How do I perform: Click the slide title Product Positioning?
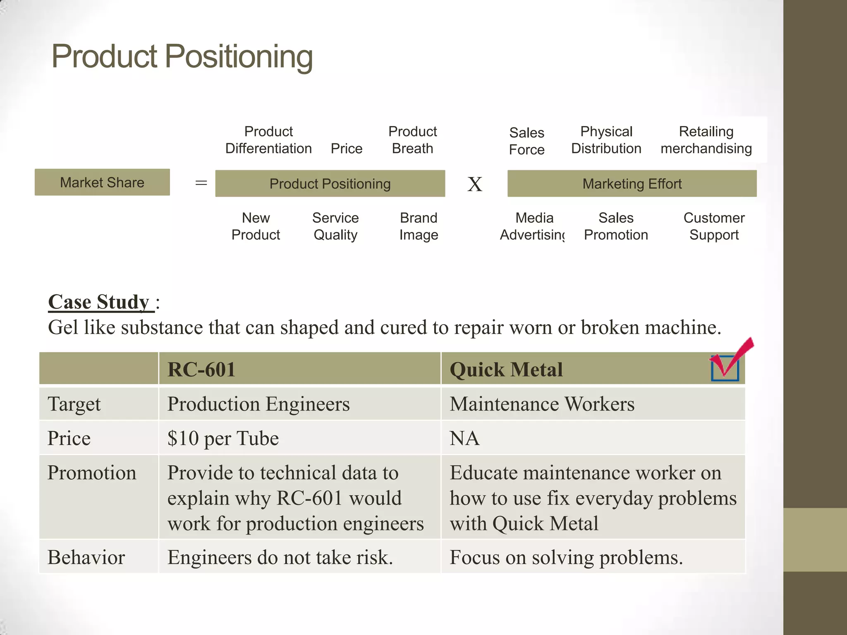[182, 57]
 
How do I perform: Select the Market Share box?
[102, 182]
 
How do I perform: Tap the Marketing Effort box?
[632, 184]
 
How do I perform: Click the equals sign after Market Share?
[201, 183]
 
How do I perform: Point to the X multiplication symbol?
[475, 184]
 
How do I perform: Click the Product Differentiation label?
[268, 140]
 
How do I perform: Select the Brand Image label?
[419, 226]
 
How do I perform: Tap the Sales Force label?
[526, 141]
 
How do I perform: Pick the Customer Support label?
[714, 226]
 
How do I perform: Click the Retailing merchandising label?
[706, 140]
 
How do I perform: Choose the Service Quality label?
[335, 226]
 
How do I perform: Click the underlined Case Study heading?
[99, 302]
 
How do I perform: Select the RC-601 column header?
[201, 369]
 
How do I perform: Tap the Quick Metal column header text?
[506, 369]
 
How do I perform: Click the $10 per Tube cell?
[223, 438]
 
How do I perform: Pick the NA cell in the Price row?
[464, 438]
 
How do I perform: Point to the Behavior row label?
[86, 557]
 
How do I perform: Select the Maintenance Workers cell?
[542, 404]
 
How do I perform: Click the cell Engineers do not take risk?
[280, 557]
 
